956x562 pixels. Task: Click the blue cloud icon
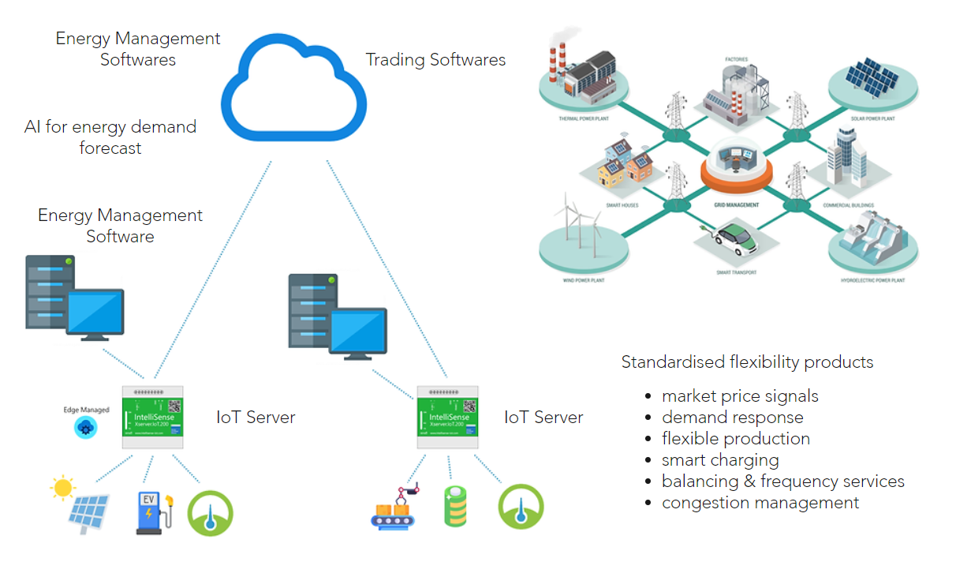pyautogui.click(x=293, y=87)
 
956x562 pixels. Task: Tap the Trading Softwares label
pyautogui.click(x=435, y=60)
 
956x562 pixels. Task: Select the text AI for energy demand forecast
pyautogui.click(x=110, y=137)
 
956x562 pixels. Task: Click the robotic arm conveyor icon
pyautogui.click(x=397, y=508)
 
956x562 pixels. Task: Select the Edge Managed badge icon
pyautogui.click(x=85, y=427)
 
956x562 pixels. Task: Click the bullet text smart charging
pyautogui.click(x=720, y=460)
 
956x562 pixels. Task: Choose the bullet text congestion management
pyautogui.click(x=760, y=503)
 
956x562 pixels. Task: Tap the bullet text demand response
pyautogui.click(x=732, y=418)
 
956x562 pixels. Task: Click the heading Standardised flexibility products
pyautogui.click(x=747, y=362)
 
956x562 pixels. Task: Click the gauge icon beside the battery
pyautogui.click(x=521, y=506)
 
